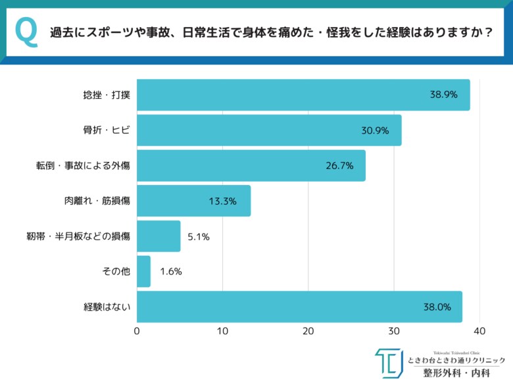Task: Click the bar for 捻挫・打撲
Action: point(303,95)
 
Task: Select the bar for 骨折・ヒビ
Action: point(269,130)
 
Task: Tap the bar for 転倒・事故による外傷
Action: point(251,165)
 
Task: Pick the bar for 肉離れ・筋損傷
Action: point(194,201)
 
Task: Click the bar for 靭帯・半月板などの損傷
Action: point(159,236)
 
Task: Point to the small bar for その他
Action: point(143,271)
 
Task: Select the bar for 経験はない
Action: point(299,307)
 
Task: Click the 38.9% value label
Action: point(444,95)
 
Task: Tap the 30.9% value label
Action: point(375,130)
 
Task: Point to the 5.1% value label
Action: point(198,236)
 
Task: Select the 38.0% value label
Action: point(437,307)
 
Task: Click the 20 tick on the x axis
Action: point(308,332)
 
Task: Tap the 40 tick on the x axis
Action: point(479,332)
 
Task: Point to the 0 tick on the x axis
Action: point(137,332)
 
